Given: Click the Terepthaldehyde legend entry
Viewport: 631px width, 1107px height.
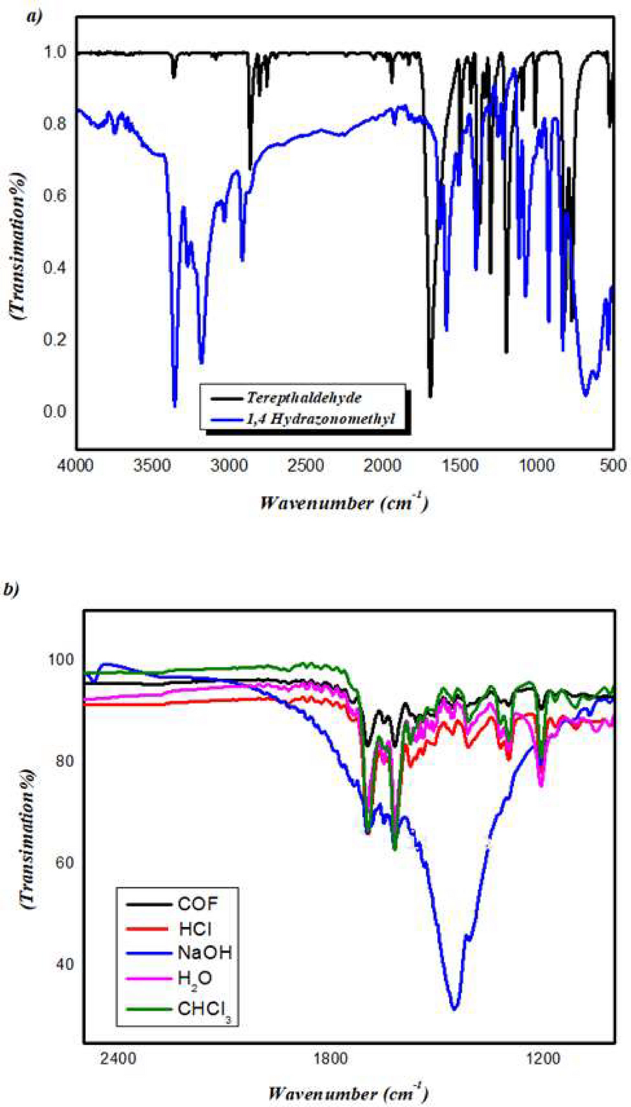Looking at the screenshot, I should click(x=304, y=397).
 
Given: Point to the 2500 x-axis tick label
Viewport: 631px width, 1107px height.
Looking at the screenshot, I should click(x=306, y=465).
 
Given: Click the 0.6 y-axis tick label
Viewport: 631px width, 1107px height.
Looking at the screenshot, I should click(x=55, y=196).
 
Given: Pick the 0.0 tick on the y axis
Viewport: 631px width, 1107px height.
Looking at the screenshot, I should click(x=55, y=411).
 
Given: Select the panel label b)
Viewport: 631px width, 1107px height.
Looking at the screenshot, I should click(x=11, y=589).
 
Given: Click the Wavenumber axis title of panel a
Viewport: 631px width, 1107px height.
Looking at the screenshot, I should click(x=344, y=503).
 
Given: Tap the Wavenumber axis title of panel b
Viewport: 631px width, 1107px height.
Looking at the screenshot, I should click(x=348, y=1093).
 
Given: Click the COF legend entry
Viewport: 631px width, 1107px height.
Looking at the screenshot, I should click(x=198, y=904).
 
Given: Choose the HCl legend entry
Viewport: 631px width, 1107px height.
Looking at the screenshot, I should click(x=195, y=928).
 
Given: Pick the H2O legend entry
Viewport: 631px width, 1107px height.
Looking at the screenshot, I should click(x=195, y=978).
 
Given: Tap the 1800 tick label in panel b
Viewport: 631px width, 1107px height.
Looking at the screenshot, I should click(x=330, y=1057).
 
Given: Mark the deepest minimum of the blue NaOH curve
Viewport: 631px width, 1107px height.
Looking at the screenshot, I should click(x=454, y=1009).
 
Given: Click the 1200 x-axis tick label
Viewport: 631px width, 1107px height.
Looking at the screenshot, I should click(x=542, y=1057).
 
